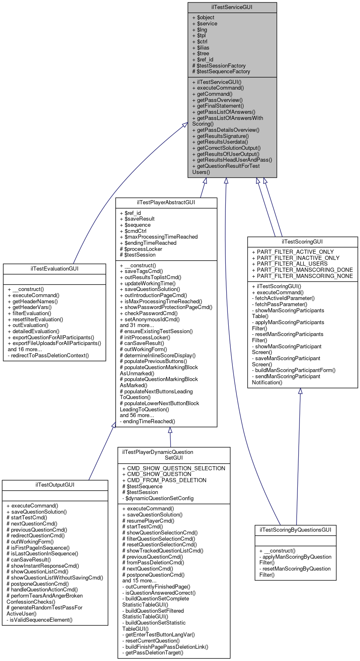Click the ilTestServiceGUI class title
pyautogui.click(x=232, y=7)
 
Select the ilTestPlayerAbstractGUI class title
pyautogui.click(x=166, y=202)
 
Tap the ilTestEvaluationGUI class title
pyautogui.click(x=54, y=268)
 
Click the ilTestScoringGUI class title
pyautogui.click(x=302, y=241)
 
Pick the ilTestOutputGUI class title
pyautogui.click(x=55, y=485)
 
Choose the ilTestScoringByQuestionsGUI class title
pyautogui.click(x=295, y=530)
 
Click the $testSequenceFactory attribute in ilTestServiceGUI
pyautogui.click(x=221, y=72)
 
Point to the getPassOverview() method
pyautogui.click(x=217, y=100)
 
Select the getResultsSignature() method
pyautogui.click(x=220, y=136)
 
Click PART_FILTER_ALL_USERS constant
pyautogui.click(x=290, y=264)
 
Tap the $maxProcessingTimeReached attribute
pyautogui.click(x=159, y=237)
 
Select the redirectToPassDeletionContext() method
pyautogui.click(x=48, y=355)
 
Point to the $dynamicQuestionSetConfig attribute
pyautogui.click(x=158, y=499)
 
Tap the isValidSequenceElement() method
pyautogui.click(x=40, y=620)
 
